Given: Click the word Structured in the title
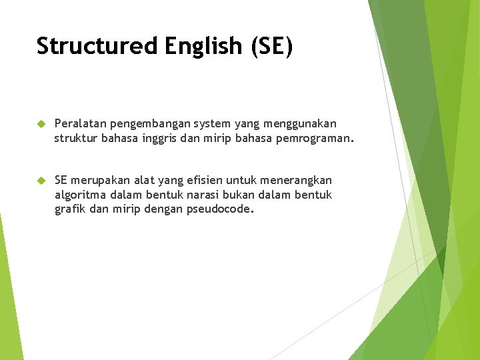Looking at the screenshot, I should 97,47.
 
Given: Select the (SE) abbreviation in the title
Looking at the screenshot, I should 271,47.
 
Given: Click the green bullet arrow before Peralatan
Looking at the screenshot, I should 41,124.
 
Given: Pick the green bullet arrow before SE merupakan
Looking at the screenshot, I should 41,181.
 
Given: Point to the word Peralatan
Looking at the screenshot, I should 81,124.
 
